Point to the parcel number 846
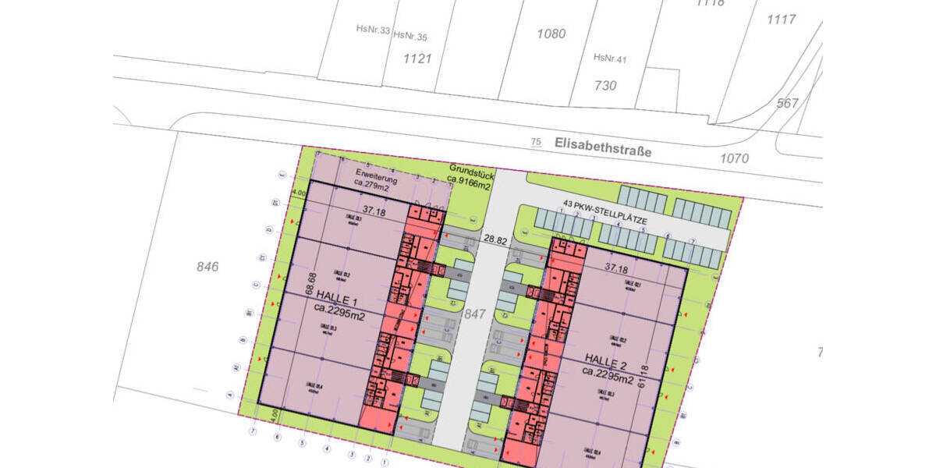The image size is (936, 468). (207, 267)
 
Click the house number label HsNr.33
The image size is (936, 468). (373, 30)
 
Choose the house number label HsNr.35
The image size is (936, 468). (410, 35)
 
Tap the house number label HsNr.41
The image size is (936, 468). (610, 58)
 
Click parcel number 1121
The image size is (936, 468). (417, 58)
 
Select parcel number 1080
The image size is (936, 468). (551, 34)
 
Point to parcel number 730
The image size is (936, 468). (605, 86)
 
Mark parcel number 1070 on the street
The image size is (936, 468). (734, 158)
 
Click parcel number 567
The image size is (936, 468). (788, 104)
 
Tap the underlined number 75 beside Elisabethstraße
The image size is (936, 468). (535, 142)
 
